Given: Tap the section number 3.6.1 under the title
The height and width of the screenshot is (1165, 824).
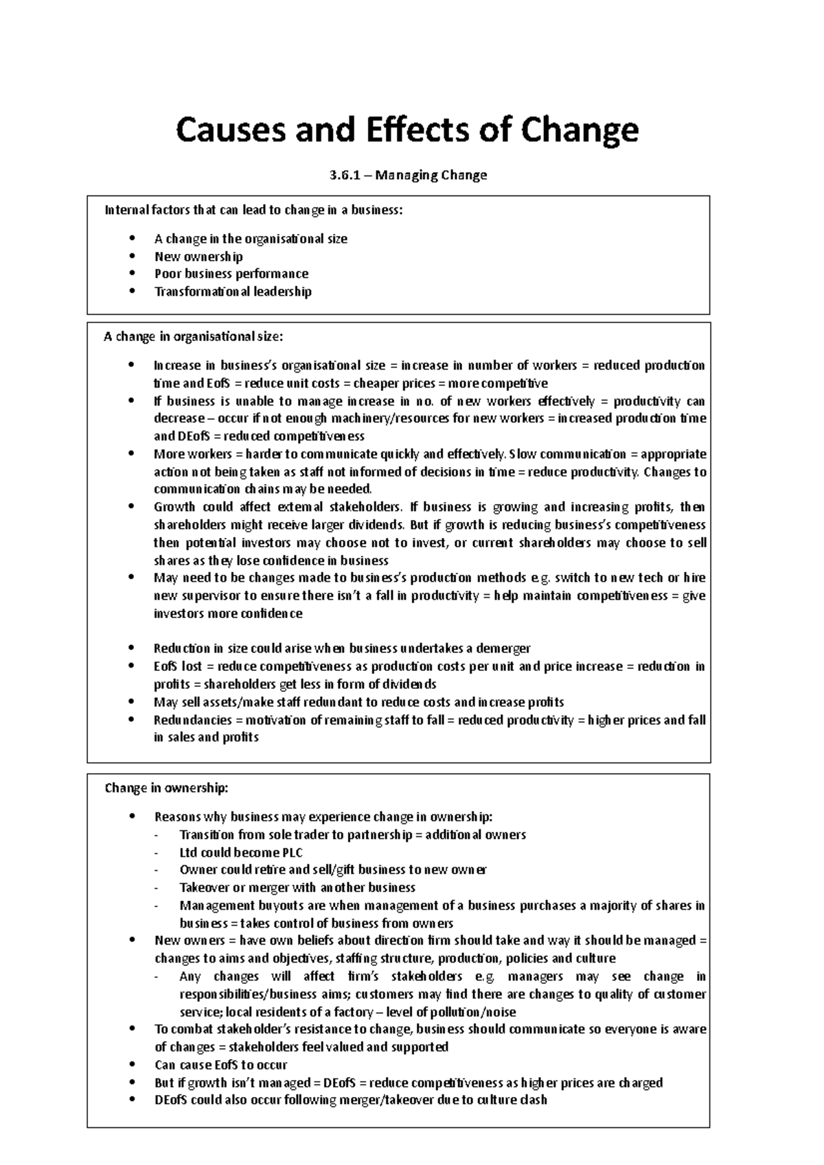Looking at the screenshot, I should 341,175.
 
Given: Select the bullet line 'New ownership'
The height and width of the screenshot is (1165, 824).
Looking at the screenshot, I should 198,257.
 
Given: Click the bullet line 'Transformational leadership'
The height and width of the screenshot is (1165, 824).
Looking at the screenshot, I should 233,292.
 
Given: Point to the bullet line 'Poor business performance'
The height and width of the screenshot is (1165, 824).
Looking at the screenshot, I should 231,274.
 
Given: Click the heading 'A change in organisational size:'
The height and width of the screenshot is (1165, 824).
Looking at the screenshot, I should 193,336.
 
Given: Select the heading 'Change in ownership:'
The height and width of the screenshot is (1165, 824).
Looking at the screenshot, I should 166,788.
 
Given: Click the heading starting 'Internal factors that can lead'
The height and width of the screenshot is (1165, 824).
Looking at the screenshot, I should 253,210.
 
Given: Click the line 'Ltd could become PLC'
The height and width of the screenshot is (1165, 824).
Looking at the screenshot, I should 240,852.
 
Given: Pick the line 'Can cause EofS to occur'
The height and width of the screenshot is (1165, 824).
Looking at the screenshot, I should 220,1065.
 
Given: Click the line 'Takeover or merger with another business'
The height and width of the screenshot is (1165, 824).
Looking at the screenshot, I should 297,887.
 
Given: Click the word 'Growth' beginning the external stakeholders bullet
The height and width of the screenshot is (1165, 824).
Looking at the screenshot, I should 174,507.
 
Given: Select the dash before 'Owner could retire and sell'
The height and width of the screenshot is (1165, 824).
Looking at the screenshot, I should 157,870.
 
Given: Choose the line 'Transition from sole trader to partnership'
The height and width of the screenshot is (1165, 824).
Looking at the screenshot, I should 352,834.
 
